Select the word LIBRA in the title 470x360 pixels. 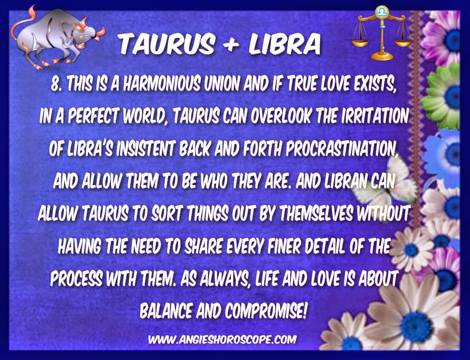pos(284,44)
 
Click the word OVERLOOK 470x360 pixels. pos(281,115)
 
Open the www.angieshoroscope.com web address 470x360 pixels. pos(222,339)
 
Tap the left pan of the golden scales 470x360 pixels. pos(360,42)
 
